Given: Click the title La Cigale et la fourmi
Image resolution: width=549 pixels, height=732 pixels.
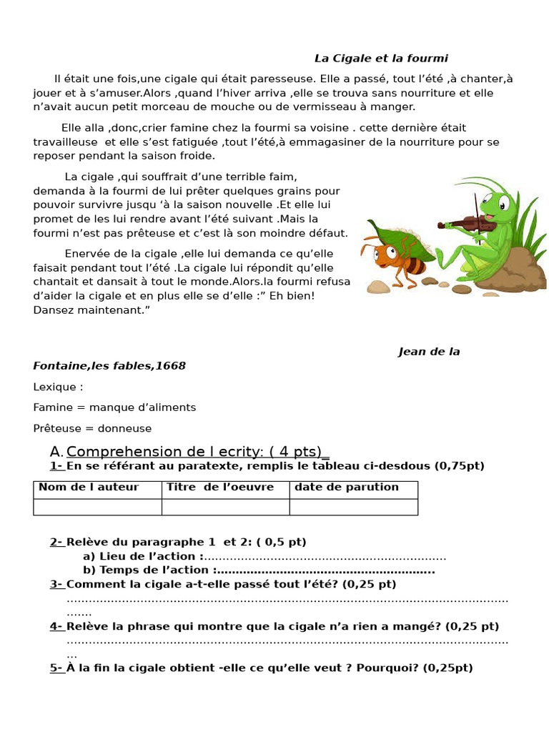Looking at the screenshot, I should pos(381,59).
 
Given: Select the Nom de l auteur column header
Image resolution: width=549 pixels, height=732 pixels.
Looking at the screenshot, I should pos(89,488).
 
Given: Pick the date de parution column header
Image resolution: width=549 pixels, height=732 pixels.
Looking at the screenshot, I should pos(346,488).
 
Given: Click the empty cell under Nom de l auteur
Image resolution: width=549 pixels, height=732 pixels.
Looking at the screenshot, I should pos(97,507).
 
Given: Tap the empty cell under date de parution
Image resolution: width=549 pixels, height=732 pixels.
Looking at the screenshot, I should pos(353,507).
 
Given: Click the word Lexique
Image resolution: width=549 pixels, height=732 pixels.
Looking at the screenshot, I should pos(57,387).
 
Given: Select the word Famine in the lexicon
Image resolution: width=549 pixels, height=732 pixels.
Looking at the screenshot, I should pos(51,407).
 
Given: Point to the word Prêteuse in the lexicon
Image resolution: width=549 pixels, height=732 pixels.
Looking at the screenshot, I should pos(56,428).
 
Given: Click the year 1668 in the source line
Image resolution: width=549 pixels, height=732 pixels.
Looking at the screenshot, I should pos(172,366).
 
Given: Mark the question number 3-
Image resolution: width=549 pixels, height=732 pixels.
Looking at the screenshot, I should pos(56,584).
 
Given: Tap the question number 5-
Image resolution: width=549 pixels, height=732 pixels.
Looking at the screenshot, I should pos(56,668).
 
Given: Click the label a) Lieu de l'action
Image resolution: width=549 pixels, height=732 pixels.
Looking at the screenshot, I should pos(143,556).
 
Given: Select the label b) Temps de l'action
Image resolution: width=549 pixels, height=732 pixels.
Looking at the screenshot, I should pos(147,570).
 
